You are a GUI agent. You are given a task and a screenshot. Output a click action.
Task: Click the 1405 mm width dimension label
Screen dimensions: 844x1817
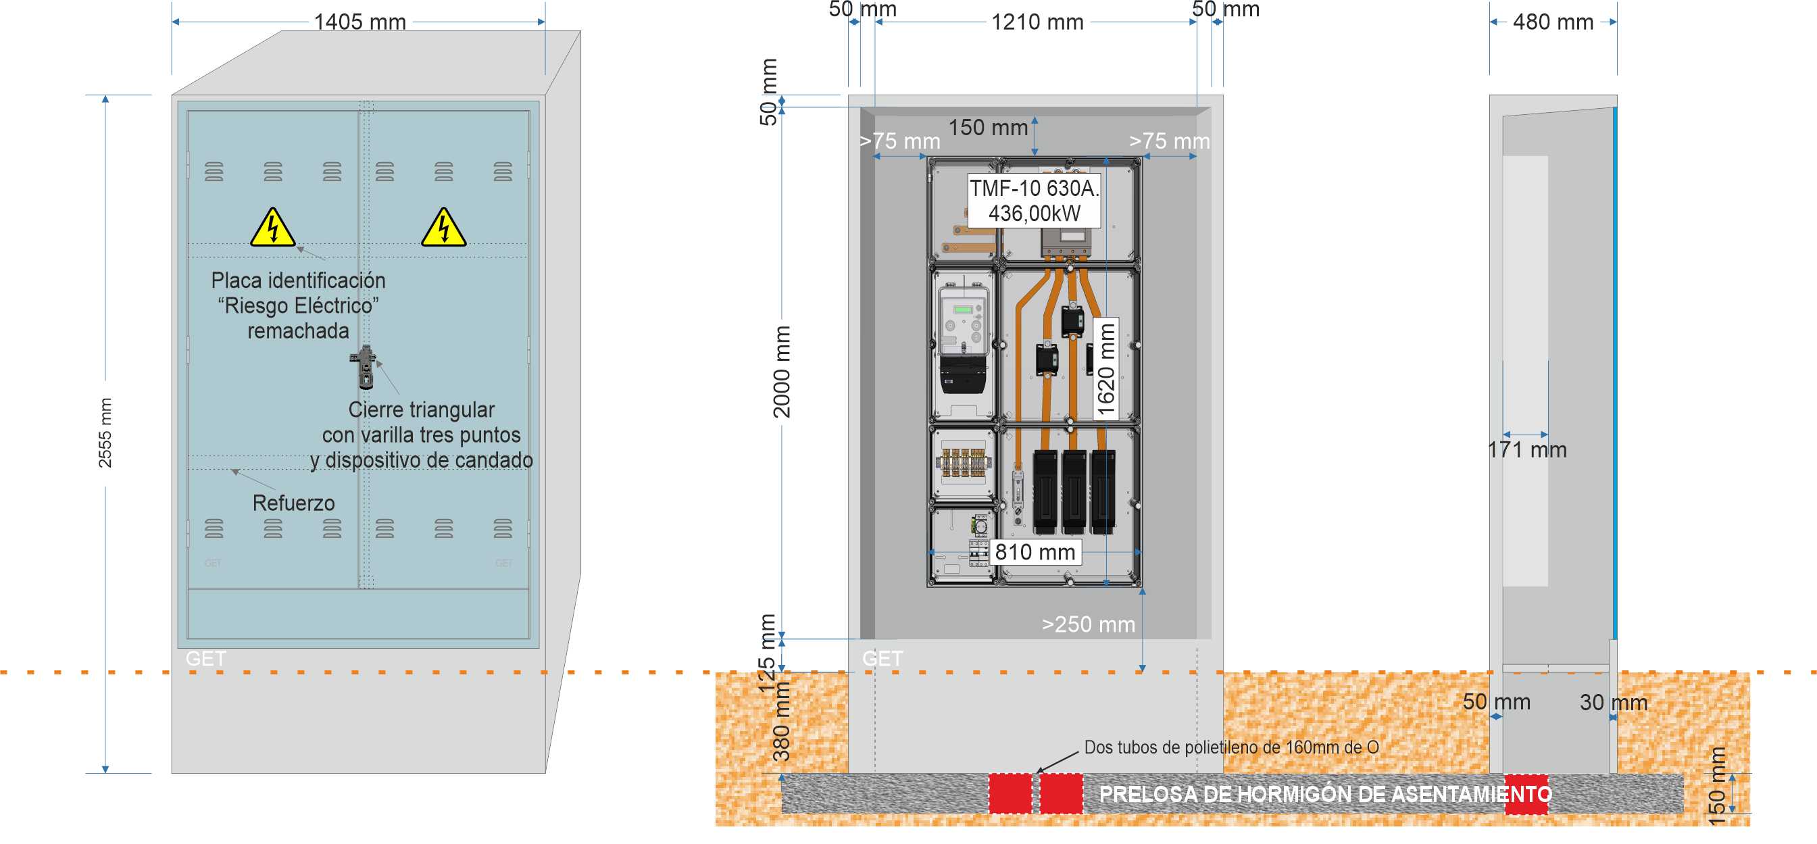(x=359, y=22)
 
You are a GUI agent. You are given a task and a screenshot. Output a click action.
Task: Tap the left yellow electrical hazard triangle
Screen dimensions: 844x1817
(x=273, y=228)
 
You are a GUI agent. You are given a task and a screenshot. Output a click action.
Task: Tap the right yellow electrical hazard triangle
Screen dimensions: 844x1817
(x=443, y=228)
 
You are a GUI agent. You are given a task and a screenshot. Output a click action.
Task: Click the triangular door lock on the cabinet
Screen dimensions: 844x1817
(x=366, y=367)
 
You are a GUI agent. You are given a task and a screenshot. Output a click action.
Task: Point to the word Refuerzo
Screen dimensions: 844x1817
(x=293, y=503)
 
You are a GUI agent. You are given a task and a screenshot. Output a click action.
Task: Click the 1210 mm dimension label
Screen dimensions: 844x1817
(x=1037, y=22)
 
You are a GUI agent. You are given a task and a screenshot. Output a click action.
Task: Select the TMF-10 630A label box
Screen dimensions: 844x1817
(x=1034, y=200)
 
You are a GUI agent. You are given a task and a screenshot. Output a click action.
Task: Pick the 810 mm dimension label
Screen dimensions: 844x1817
(x=1035, y=552)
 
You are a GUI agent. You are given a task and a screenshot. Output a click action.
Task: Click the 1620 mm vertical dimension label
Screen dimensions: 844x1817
(x=1106, y=369)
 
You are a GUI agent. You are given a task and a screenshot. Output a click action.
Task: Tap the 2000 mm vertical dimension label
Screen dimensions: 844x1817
(x=782, y=372)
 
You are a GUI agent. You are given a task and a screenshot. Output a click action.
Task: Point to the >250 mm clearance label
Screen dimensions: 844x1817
(x=1089, y=624)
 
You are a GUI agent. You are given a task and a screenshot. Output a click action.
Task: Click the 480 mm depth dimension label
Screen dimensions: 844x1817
(x=1553, y=22)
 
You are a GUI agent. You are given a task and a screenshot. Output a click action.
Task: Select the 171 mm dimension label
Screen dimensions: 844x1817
(x=1527, y=450)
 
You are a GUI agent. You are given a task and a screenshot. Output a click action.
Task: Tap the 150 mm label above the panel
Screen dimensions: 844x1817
(x=987, y=128)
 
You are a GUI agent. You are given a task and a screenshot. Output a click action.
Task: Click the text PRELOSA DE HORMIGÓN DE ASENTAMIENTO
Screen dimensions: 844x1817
(x=1325, y=794)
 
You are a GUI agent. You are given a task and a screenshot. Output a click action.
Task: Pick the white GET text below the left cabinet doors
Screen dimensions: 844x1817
(x=206, y=659)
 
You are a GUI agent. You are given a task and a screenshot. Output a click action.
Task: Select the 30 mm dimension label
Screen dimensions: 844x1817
(x=1613, y=702)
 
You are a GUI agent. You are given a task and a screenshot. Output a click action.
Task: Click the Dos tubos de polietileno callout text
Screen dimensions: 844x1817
(x=1231, y=747)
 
